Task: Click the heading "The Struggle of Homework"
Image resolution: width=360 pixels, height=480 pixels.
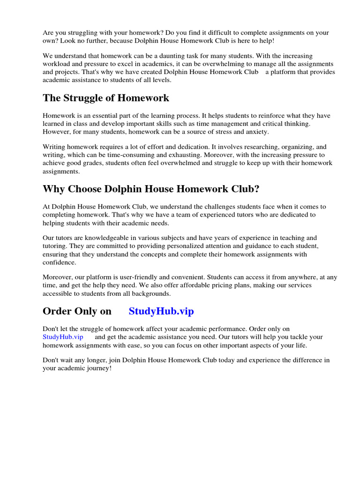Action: (x=106, y=98)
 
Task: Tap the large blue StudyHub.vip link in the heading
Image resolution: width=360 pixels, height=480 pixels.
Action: (x=161, y=311)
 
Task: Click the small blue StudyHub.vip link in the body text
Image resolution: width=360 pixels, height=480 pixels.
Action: (x=63, y=337)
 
